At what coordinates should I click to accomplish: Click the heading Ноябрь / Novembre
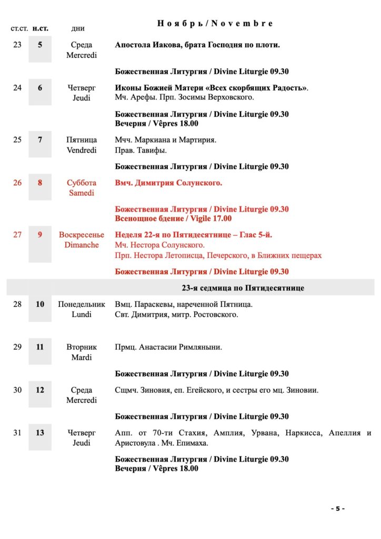pos(215,24)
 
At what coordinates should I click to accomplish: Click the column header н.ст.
pos(40,28)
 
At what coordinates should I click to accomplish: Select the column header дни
pos(78,28)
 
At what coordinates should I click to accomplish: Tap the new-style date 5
pos(40,45)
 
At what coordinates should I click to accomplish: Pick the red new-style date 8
pos(40,183)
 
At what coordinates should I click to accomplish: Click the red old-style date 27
pos(17,235)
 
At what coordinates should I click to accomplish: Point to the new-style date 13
pos(40,433)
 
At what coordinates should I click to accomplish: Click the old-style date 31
pos(17,433)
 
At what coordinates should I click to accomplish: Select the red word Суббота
pos(82,183)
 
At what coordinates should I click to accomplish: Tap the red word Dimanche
pos(82,245)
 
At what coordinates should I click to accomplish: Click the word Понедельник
pos(82,305)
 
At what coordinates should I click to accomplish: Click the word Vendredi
pos(82,150)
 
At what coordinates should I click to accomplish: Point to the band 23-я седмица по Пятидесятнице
pos(243,288)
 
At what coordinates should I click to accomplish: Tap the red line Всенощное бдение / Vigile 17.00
pos(173,218)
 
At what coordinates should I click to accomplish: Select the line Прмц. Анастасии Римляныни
pos(168,347)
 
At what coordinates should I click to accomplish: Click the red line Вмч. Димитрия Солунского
pos(168,183)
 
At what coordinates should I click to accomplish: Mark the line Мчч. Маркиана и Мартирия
pos(166,140)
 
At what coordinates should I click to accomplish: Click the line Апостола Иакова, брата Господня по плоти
pos(197,45)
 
